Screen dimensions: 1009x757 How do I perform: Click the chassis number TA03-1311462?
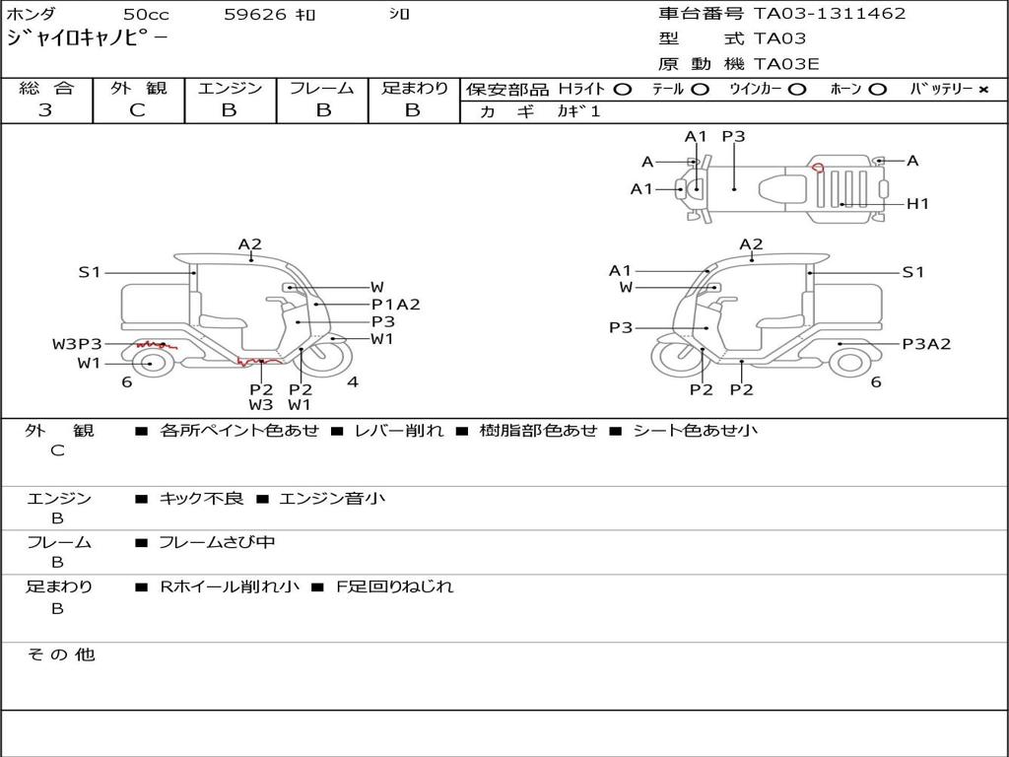[830, 14]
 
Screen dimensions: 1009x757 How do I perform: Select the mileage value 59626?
[255, 14]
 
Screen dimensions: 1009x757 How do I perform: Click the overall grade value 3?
[45, 110]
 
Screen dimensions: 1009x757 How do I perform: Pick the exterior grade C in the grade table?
[137, 110]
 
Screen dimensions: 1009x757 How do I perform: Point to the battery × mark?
[983, 90]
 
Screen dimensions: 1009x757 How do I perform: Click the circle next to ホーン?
[877, 90]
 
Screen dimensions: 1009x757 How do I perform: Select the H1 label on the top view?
[917, 204]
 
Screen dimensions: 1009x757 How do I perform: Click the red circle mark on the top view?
[818, 168]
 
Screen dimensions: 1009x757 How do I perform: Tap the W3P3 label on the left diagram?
[77, 344]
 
